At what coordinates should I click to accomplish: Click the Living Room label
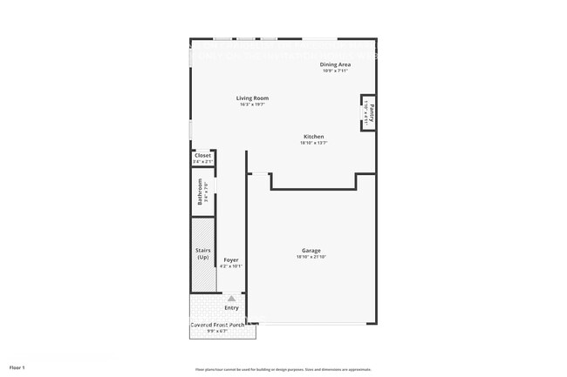pos(252,98)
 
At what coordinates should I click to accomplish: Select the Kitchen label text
pos(313,137)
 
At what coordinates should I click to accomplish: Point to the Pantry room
pos(370,112)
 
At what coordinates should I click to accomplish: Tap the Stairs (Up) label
pos(202,254)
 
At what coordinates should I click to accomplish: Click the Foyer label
pos(230,259)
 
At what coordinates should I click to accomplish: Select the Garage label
pos(311,251)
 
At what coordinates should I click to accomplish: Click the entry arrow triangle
pos(231,298)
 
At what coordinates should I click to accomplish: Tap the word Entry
pos(231,307)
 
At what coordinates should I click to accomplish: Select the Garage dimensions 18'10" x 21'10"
pos(311,257)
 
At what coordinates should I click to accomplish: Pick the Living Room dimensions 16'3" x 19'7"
pos(252,104)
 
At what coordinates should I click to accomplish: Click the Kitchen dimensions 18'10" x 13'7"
pos(313,143)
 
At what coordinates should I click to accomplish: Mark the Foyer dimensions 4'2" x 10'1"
pos(230,266)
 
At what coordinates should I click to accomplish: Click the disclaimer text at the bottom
pos(283,369)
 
